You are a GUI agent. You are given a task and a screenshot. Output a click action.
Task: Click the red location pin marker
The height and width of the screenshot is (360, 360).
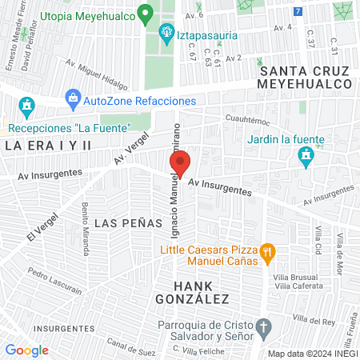[180, 162]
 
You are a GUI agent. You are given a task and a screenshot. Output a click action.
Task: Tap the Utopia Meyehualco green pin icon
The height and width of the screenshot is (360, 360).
[145, 14]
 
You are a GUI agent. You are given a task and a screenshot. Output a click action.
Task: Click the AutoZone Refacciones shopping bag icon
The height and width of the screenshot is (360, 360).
[74, 101]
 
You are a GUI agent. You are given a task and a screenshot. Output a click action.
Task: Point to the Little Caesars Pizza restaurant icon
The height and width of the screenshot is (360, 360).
[269, 254]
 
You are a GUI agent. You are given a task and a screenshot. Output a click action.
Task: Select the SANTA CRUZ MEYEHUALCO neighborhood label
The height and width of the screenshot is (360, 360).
[306, 78]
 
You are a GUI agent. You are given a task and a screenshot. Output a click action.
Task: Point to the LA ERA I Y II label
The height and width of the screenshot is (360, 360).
[48, 146]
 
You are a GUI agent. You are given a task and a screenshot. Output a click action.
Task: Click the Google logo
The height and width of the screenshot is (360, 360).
[26, 350]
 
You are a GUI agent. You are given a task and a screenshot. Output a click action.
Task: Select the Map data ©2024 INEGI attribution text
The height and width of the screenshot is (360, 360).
[311, 354]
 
